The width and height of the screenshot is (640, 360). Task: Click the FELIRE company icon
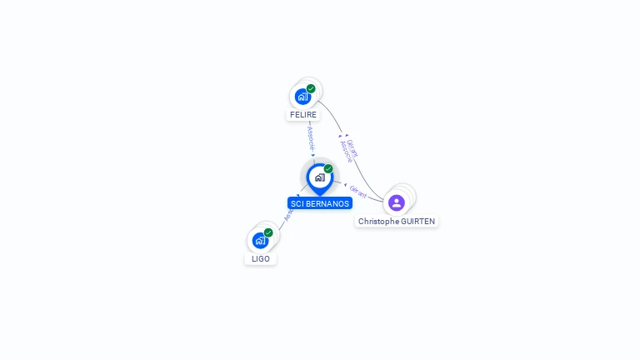[x=302, y=97]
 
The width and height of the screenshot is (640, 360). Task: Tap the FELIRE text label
[x=303, y=114]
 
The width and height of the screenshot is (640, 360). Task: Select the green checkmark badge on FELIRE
[x=311, y=88]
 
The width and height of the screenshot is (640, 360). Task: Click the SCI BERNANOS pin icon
[x=319, y=177]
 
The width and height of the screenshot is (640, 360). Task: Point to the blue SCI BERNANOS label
[x=320, y=203]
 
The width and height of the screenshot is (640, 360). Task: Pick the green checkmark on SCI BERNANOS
[x=328, y=168]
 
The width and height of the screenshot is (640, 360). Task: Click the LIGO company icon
[x=260, y=241]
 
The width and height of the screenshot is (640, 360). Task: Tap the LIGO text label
[x=261, y=258]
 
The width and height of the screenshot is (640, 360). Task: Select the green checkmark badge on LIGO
[x=268, y=232]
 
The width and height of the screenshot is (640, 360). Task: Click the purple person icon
[x=397, y=202]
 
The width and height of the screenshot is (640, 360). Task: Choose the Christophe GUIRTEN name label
[x=397, y=221]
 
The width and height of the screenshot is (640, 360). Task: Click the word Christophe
[x=377, y=221]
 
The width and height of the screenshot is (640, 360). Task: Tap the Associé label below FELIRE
[x=310, y=137]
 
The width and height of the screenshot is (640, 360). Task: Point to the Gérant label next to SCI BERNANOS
[x=357, y=191]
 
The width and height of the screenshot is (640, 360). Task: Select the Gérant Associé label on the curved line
[x=349, y=150]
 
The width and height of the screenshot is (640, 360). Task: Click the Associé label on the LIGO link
[x=288, y=214]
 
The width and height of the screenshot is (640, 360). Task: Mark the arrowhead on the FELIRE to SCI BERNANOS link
[x=313, y=155]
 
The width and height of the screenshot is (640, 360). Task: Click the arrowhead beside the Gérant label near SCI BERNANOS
[x=345, y=185]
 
